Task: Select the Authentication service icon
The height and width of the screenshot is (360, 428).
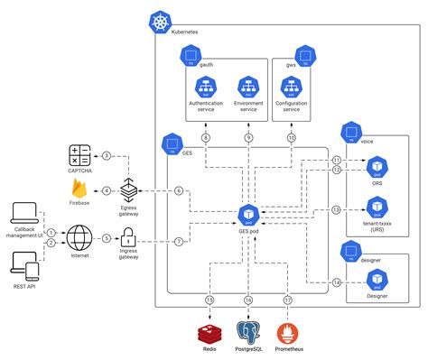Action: pos(206,87)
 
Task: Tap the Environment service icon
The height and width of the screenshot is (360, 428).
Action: pos(248,87)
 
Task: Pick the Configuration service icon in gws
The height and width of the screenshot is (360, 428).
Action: pos(291,87)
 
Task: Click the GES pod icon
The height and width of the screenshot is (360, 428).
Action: pos(248,215)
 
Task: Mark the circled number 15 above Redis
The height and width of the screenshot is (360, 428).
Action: pos(209,300)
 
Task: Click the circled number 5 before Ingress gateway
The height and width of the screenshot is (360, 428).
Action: pos(106,238)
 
